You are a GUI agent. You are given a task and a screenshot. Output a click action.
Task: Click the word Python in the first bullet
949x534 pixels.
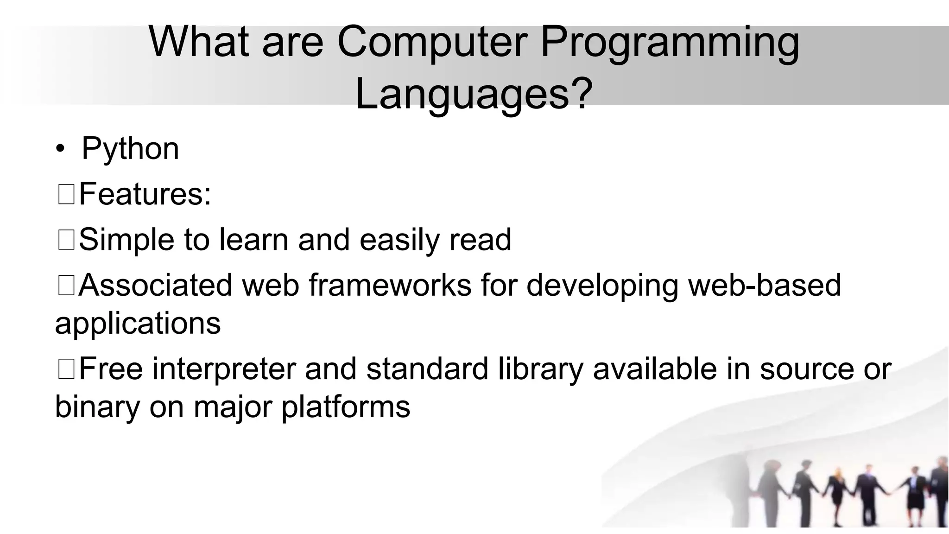coord(130,149)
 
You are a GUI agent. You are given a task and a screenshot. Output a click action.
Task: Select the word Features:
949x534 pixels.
coord(145,194)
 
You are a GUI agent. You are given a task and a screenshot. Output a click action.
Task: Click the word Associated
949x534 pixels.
coord(156,285)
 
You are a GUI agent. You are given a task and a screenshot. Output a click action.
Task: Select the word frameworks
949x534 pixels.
coord(390,285)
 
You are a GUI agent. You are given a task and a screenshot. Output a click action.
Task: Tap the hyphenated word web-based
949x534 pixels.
coord(765,285)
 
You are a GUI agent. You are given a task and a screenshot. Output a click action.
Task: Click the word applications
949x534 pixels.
coord(138,323)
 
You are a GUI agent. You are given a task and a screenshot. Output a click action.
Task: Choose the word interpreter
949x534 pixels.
coord(224,369)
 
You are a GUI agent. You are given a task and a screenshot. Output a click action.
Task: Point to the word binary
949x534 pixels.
coord(97,407)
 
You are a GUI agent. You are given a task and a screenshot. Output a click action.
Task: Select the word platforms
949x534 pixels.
coord(346,407)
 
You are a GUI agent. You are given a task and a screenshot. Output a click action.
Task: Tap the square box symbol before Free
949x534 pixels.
coord(66,370)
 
